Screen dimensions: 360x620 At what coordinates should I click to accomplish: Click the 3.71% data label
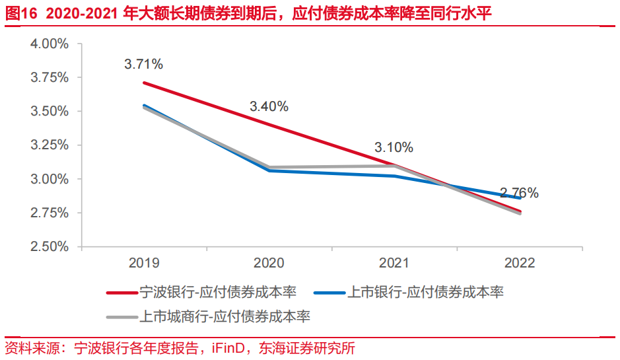coord(143,64)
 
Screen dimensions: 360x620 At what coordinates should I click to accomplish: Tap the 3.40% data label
coord(269,106)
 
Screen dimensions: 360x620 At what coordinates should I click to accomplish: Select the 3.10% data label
coord(394,147)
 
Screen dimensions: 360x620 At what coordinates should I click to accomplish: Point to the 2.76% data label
coord(519,194)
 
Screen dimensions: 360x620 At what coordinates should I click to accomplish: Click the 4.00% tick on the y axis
coord(50,44)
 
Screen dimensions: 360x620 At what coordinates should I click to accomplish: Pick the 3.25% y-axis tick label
coord(50,145)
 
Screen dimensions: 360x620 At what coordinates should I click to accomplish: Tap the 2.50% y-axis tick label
coord(50,246)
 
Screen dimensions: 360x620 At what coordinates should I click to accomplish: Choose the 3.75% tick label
coord(50,77)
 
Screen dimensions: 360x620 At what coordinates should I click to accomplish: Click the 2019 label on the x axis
coord(144,263)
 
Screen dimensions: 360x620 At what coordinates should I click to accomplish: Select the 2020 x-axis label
coord(269,263)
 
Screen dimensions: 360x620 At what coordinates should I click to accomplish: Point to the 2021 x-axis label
coord(394,263)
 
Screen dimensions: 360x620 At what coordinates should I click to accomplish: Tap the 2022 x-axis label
coord(519,263)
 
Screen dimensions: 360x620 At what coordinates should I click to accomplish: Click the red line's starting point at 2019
coord(144,83)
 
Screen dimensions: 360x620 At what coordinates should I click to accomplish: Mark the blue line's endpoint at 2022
coord(520,198)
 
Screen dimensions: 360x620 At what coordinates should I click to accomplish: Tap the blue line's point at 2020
coord(269,170)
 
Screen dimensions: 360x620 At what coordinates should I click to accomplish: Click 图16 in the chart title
coord(19,13)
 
